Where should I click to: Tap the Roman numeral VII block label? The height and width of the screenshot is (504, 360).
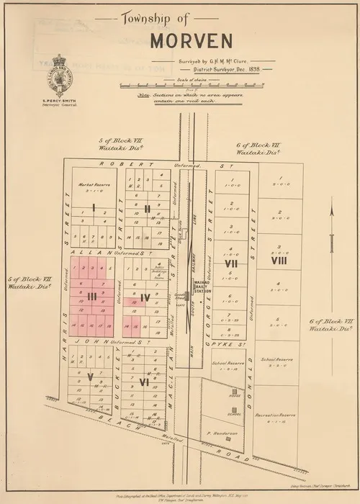tap(231, 264)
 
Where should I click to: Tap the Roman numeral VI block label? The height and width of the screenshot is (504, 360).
tap(144, 382)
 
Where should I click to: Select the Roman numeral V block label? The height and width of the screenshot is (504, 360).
tap(90, 375)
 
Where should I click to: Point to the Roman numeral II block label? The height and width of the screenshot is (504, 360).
tap(146, 209)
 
